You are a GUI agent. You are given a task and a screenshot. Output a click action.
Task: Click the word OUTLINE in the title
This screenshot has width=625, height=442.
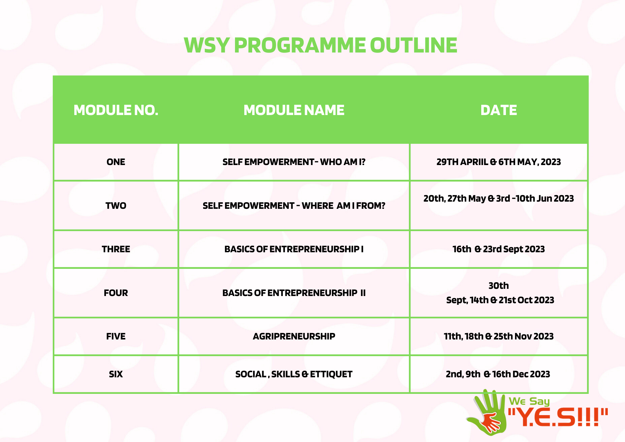413,45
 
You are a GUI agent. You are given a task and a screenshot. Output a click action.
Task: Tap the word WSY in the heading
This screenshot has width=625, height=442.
207,45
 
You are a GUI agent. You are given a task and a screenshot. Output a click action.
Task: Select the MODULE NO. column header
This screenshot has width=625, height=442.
116,110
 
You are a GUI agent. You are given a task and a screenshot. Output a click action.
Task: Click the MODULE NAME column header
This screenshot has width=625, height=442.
294,110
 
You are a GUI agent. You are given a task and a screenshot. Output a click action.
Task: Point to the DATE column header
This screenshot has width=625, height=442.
498,110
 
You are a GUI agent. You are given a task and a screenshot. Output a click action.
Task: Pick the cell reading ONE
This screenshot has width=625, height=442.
116,162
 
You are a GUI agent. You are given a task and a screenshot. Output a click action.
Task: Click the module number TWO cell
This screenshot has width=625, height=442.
116,206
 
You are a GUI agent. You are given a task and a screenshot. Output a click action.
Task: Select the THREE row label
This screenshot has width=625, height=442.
116,249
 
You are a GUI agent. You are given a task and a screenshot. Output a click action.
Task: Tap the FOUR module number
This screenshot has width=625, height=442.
116,293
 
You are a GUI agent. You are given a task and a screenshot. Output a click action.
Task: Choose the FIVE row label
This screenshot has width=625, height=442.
116,336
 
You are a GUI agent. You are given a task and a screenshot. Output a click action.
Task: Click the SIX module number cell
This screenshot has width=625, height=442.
116,374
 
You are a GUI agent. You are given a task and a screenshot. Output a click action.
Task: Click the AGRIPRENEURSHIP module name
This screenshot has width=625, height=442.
294,336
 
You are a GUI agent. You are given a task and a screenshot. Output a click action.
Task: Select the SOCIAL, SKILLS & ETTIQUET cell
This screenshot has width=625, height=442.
294,374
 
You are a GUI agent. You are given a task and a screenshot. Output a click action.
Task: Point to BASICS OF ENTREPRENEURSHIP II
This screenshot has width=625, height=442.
294,293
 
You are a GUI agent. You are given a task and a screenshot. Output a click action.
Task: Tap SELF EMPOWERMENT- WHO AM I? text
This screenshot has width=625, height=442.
294,162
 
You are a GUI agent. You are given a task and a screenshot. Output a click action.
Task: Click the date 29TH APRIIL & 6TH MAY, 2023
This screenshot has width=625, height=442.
498,162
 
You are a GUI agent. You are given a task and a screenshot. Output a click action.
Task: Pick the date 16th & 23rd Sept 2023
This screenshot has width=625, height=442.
498,249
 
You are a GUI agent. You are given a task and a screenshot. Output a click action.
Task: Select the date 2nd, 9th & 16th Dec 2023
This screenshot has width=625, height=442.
498,374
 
